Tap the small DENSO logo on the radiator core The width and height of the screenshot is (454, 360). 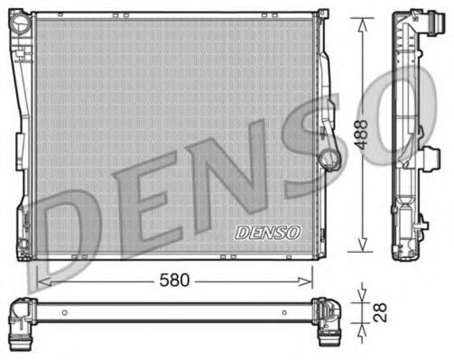(x=267, y=232)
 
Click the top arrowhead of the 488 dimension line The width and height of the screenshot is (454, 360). (x=361, y=21)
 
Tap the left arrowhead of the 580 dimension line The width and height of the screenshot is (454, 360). (x=41, y=281)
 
